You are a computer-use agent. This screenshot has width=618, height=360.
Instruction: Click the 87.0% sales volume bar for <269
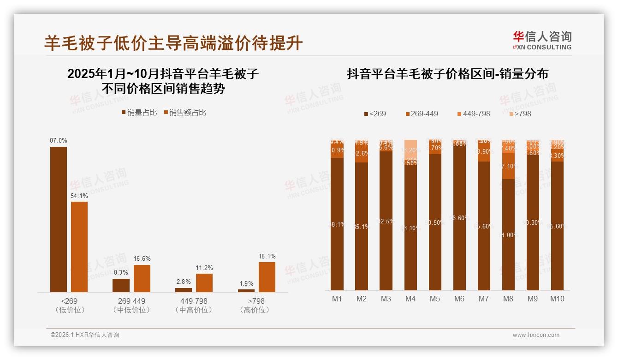pos(58,219)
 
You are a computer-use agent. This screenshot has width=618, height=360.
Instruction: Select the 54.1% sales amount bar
pos(79,246)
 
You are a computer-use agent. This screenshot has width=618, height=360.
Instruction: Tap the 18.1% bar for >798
pos(267,277)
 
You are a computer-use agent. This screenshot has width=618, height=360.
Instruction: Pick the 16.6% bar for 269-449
pos(142,278)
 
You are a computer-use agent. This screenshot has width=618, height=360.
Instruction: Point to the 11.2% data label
pos(204,268)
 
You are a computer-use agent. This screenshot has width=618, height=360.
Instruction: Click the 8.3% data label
pos(121,273)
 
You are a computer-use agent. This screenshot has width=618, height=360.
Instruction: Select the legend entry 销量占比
pos(139,113)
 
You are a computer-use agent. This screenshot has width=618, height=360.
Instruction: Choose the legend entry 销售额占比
pos(184,113)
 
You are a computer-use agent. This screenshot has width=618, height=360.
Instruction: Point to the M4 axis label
pos(410,299)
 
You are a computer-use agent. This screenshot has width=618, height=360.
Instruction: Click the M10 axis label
pos(557,299)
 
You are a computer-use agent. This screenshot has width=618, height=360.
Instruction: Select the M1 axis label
pos(337,299)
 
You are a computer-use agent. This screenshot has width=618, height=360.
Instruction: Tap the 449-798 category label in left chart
pos(194,301)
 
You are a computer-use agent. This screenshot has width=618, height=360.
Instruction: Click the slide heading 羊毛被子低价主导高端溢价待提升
pos(173,43)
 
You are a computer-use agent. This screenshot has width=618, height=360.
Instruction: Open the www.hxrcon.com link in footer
pos(536,335)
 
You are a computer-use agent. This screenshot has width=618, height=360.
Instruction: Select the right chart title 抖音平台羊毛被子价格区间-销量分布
pos(447,74)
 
